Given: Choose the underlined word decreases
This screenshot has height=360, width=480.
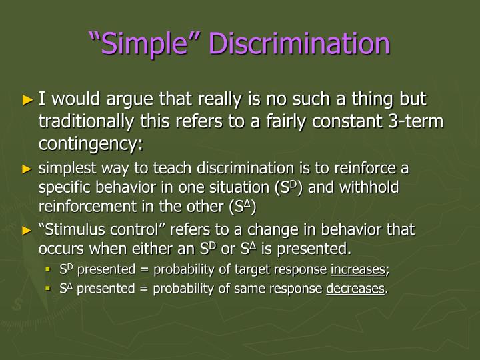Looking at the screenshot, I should coord(355,289).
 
